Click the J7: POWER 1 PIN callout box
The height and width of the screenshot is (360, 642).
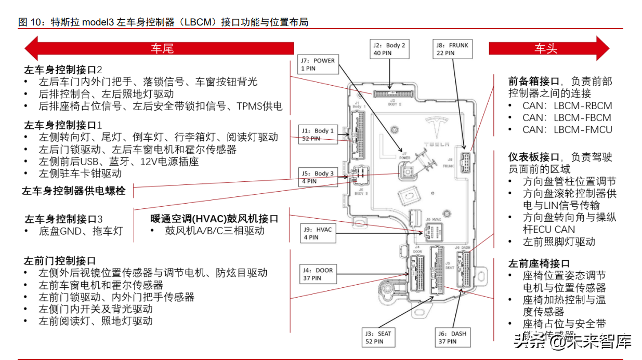(x=318, y=64)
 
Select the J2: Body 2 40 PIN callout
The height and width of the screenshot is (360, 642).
(x=389, y=49)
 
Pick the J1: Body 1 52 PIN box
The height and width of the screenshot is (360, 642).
(x=317, y=135)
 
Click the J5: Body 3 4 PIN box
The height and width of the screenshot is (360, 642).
(x=317, y=177)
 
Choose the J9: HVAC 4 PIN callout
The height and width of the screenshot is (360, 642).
(x=317, y=233)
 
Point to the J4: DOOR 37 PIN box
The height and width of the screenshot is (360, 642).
(x=317, y=274)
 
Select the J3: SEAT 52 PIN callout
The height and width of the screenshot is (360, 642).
(x=378, y=337)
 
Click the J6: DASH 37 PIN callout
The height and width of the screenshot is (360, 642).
(x=452, y=337)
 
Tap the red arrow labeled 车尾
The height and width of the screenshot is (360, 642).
(x=159, y=49)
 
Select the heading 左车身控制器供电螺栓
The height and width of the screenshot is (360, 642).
(x=74, y=191)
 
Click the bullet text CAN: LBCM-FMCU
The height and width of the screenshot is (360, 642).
(x=567, y=130)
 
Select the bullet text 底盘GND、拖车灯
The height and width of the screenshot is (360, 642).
(x=81, y=231)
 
